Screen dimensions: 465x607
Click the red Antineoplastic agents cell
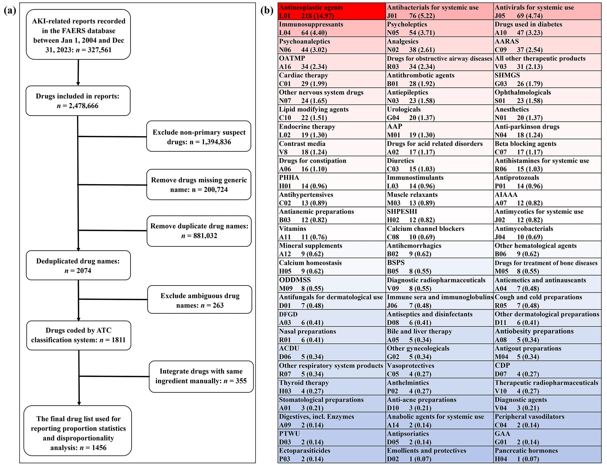tap(331, 11)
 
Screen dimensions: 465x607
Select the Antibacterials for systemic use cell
tap(439, 11)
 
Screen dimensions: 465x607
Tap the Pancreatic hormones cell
tap(547, 454)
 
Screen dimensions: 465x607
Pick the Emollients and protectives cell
tap(439, 454)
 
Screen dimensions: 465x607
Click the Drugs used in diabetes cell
tap(547, 28)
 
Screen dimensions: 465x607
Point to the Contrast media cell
tap(331, 148)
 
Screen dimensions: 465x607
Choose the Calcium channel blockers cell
tap(439, 233)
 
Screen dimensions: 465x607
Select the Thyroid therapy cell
tap(331, 387)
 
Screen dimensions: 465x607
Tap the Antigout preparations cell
tap(547, 352)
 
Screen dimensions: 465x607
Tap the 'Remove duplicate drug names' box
tap(199, 231)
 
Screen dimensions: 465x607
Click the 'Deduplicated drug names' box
tap(78, 265)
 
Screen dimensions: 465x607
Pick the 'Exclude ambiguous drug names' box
tap(200, 300)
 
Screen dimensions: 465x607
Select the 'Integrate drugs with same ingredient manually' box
tap(201, 376)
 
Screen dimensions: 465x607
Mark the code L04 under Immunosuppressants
tap(285, 33)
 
